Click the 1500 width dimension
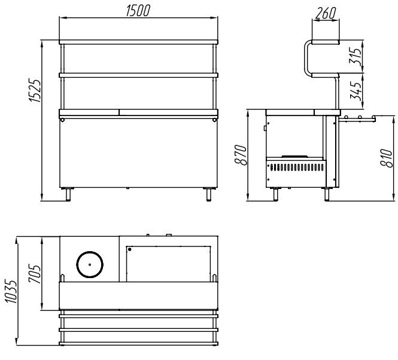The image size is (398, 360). pyautogui.click(x=138, y=11)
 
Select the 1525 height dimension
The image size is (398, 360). pyautogui.click(x=35, y=90)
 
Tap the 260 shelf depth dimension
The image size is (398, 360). pyautogui.click(x=326, y=13)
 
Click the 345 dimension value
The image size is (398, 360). pyautogui.click(x=356, y=90)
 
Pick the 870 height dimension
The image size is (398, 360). pyautogui.click(x=241, y=155)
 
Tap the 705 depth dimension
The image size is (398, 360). pyautogui.click(x=34, y=273)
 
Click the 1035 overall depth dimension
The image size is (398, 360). pyautogui.click(x=11, y=291)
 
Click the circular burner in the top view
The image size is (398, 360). pyautogui.click(x=90, y=264)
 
